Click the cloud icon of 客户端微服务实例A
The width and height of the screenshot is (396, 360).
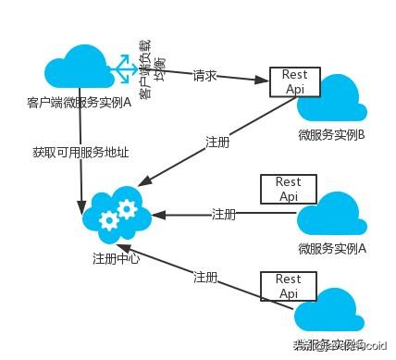(80, 68)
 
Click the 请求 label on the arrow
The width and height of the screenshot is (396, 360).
(204, 75)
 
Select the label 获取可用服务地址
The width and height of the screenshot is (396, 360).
(68, 150)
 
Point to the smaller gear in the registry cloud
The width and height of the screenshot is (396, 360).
(127, 201)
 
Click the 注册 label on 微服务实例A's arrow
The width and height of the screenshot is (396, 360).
(224, 215)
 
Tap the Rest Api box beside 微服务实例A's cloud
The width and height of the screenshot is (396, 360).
(288, 189)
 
